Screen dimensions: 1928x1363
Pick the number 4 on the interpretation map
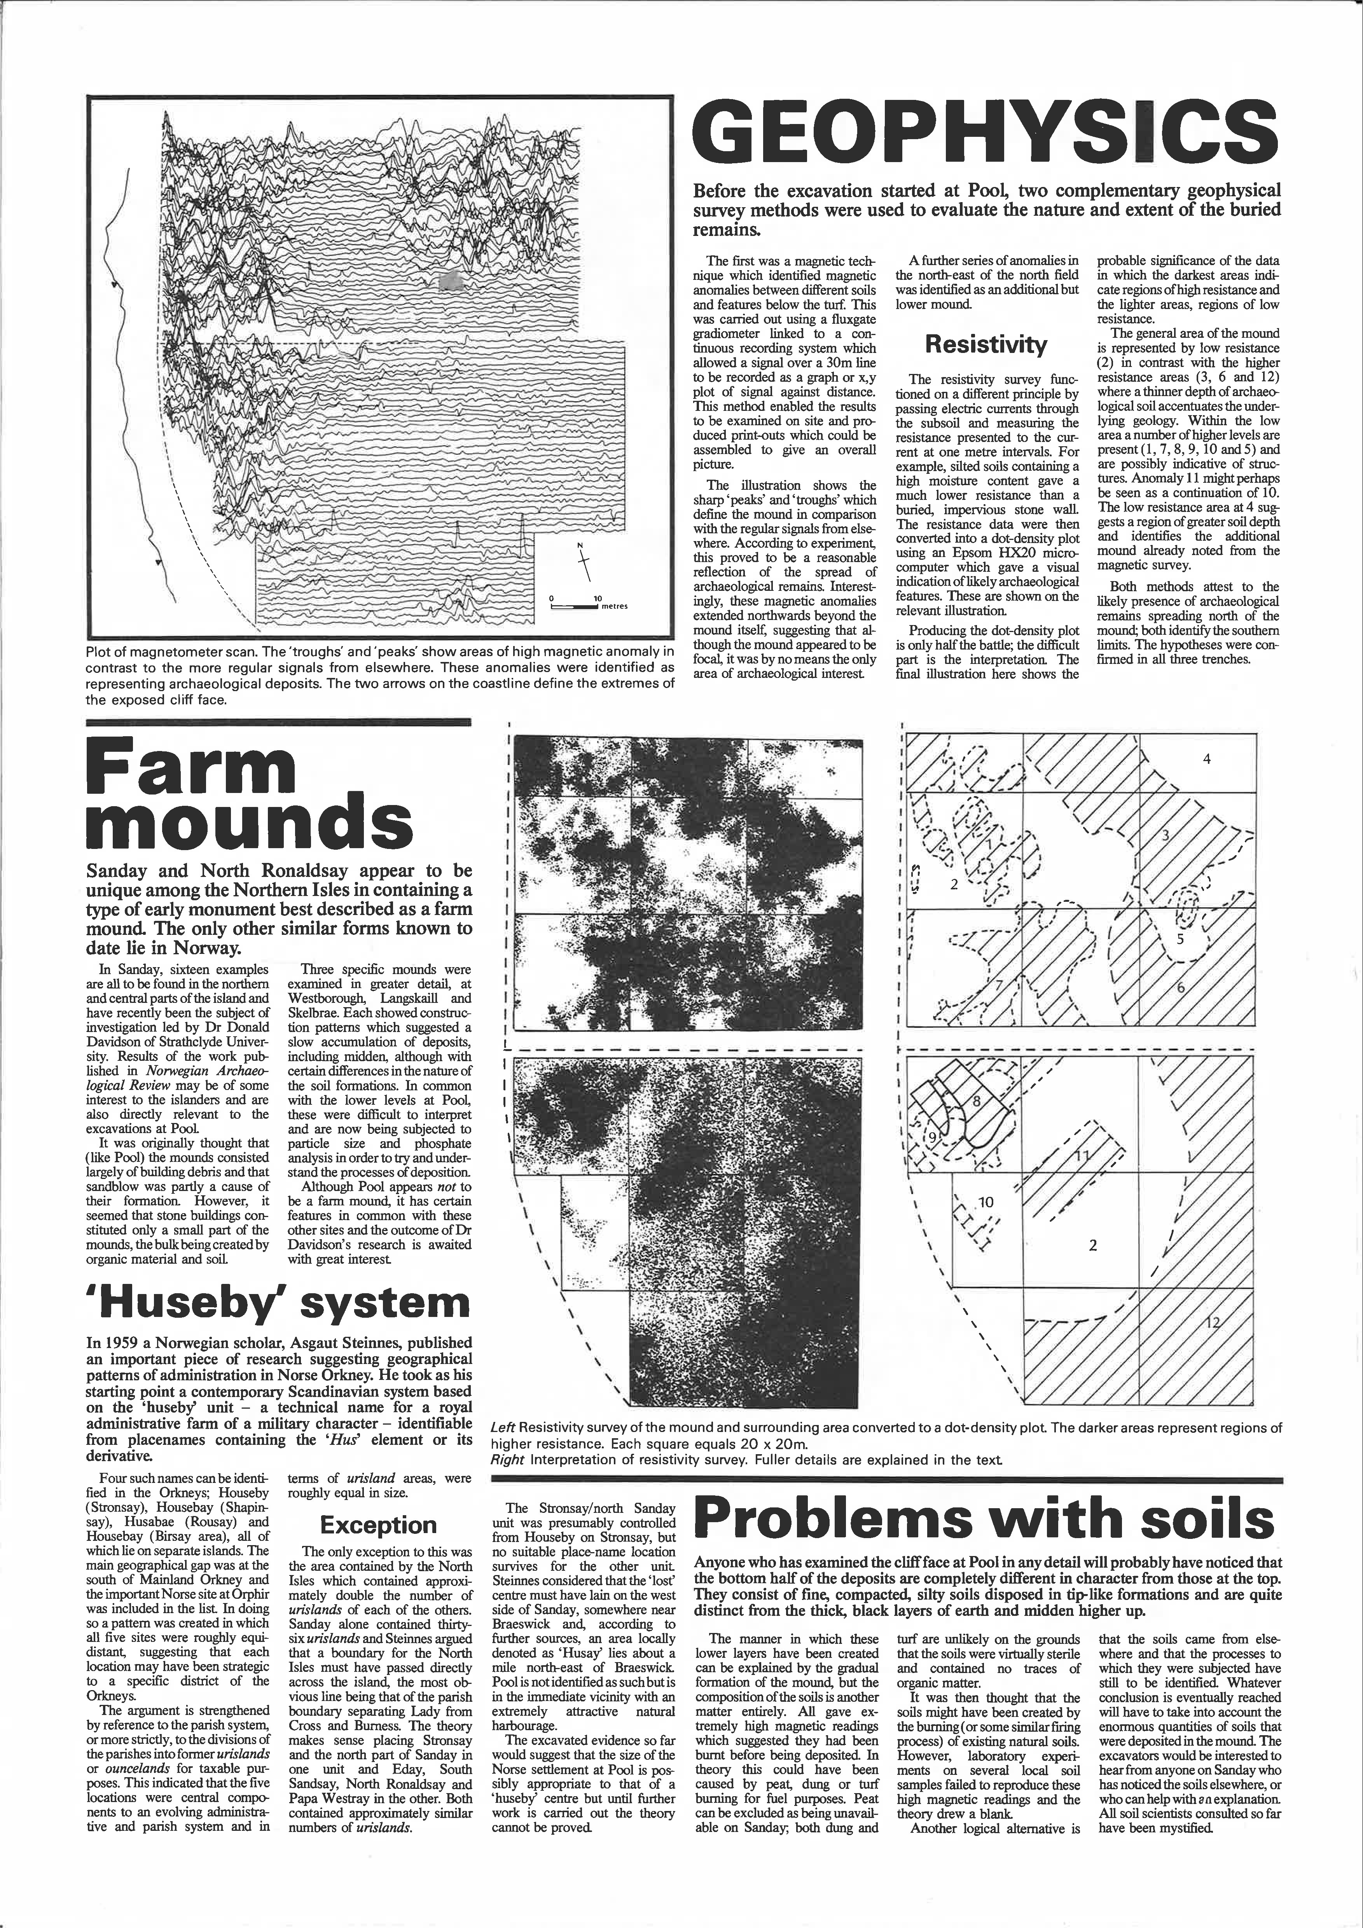[x=1207, y=760]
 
